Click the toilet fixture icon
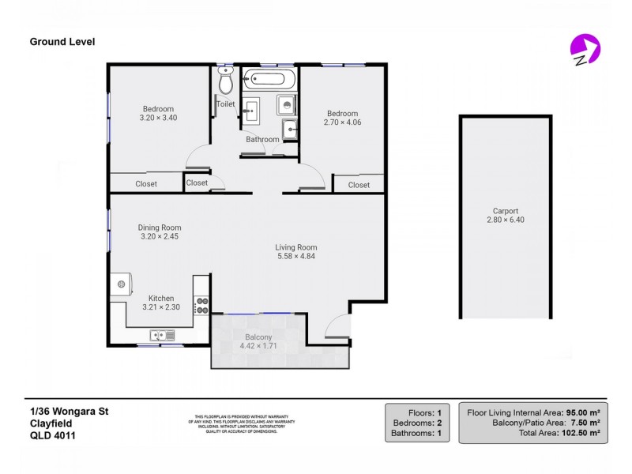[225, 81]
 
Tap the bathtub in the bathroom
[269, 79]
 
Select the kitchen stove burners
[201, 305]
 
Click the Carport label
[505, 211]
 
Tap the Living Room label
[296, 247]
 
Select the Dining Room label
[160, 228]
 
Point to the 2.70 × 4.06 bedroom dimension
[342, 122]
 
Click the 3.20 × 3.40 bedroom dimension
[158, 118]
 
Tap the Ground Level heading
[62, 42]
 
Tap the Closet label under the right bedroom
[359, 185]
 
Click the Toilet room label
[225, 103]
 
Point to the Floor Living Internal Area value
[583, 412]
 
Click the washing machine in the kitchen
[121, 284]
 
